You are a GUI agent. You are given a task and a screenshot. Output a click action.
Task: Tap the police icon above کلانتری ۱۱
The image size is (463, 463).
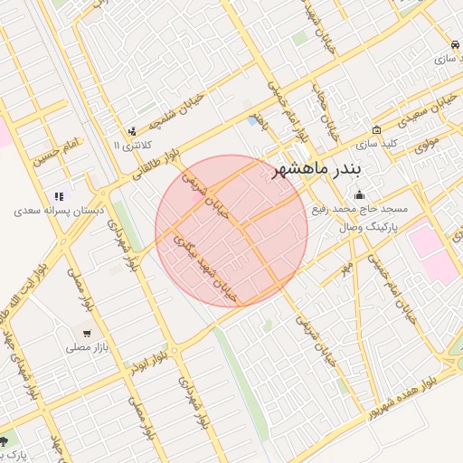click(x=133, y=131)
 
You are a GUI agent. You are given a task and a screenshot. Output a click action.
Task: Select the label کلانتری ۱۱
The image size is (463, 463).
click(x=134, y=145)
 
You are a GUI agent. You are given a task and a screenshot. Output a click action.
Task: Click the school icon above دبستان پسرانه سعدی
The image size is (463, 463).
click(x=60, y=195)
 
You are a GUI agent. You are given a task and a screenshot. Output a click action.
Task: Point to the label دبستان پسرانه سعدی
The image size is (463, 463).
click(x=60, y=210)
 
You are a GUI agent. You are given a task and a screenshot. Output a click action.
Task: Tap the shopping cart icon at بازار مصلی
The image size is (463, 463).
click(x=84, y=332)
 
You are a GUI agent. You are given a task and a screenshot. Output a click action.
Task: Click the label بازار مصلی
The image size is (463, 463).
click(x=84, y=346)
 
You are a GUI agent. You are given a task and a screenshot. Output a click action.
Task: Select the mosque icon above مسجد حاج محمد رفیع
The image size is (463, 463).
click(x=359, y=194)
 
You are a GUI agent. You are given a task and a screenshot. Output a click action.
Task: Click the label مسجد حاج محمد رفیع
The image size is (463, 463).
click(x=360, y=208)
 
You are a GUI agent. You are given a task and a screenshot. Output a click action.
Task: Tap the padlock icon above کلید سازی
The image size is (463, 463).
click(x=376, y=129)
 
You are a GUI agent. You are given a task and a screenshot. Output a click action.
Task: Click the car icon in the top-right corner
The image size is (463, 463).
click(x=452, y=44)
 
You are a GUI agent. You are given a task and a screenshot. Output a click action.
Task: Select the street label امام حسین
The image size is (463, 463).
click(x=58, y=152)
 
